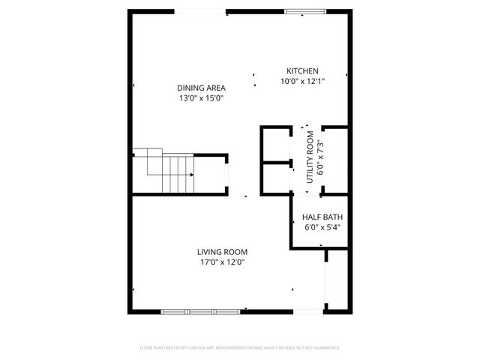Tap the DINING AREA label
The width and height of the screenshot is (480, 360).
click(201, 88)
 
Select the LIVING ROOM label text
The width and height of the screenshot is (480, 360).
click(222, 252)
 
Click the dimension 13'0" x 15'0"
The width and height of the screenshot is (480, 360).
click(201, 98)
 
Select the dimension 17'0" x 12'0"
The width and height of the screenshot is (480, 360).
click(222, 262)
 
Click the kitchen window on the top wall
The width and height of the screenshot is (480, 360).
click(305, 11)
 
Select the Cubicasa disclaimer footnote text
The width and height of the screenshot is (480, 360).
click(240, 348)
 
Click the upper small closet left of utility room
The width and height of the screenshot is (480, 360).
click(276, 145)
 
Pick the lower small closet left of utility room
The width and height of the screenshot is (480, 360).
click(276, 178)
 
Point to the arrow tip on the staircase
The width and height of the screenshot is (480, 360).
click(193, 174)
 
